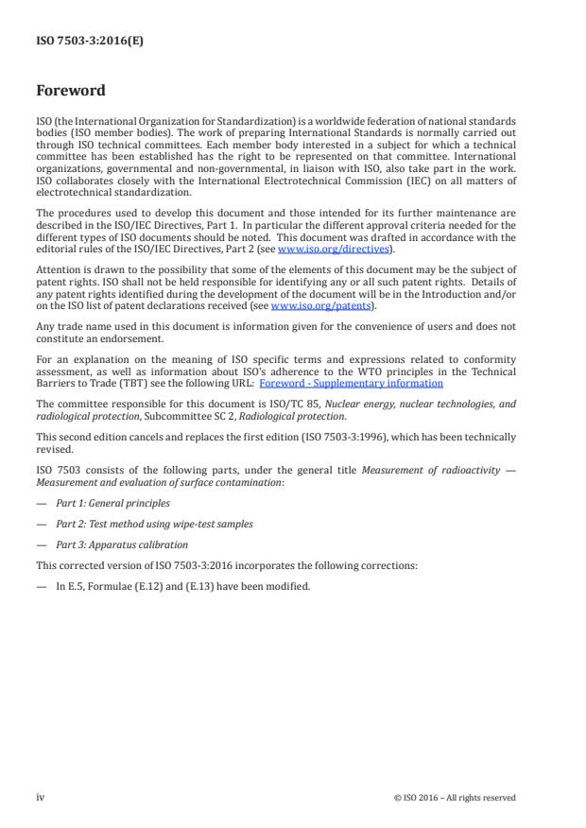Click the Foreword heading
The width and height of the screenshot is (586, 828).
tap(70, 92)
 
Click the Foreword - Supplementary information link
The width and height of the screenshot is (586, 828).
tap(351, 383)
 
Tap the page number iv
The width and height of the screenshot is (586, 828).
tap(40, 797)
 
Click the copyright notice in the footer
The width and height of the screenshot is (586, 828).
tap(455, 798)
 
